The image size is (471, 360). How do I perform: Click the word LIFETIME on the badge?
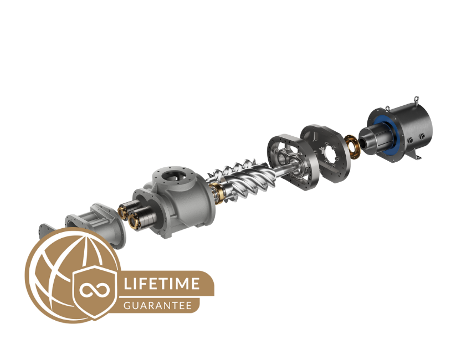coord(161,285)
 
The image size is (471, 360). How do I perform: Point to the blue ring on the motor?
coord(379,133)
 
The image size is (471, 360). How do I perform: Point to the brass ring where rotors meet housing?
coord(217,191)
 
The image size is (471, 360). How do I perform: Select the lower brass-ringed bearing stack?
coord(139,221)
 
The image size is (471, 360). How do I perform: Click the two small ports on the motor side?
coord(423,136)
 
